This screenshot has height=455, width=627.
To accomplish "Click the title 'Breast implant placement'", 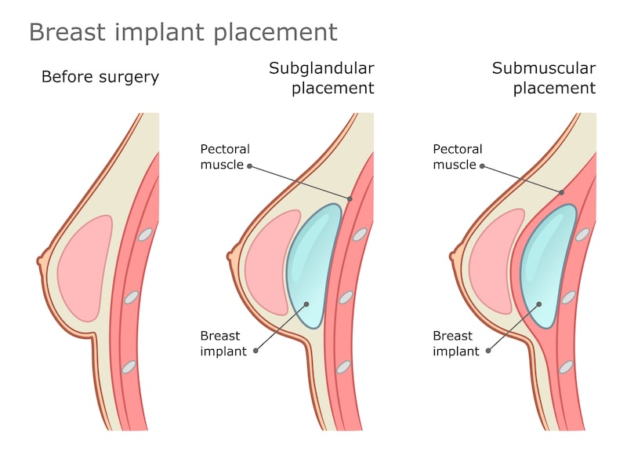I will [x=183, y=32].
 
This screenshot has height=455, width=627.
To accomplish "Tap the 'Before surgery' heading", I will [x=100, y=77].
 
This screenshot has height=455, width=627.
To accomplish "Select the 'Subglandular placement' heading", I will [x=321, y=78].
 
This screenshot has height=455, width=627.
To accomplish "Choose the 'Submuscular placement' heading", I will [x=543, y=78].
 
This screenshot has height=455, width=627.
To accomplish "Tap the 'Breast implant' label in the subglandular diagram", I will [x=223, y=343].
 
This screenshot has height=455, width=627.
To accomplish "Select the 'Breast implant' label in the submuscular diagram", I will [x=455, y=343].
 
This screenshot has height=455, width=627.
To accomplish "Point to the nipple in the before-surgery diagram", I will [x=40, y=260].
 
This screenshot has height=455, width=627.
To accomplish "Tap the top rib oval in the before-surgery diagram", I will [x=145, y=234].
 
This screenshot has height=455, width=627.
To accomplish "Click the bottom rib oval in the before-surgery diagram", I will [x=129, y=366].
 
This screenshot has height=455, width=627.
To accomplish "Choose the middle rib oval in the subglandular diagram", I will [x=346, y=297].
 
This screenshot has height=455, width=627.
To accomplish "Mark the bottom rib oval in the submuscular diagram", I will [x=566, y=366].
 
